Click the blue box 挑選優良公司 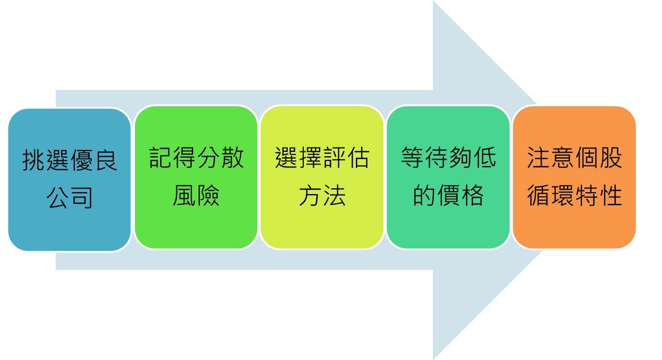[x=69, y=180]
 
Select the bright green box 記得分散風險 [x=196, y=177]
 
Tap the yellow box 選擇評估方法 [x=322, y=177]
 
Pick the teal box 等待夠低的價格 [x=448, y=177]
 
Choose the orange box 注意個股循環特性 [x=574, y=177]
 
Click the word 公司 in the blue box [x=69, y=197]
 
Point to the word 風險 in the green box [x=196, y=195]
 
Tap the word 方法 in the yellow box [x=322, y=195]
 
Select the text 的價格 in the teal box [x=448, y=195]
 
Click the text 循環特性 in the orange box [x=575, y=195]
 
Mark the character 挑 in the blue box [x=33, y=160]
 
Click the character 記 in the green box [x=160, y=157]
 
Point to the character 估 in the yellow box [x=358, y=157]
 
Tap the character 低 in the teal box [x=484, y=157]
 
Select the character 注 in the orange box [x=538, y=157]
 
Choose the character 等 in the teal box [x=412, y=157]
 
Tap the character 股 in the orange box [x=611, y=157]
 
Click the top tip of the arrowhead [x=433, y=1]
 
